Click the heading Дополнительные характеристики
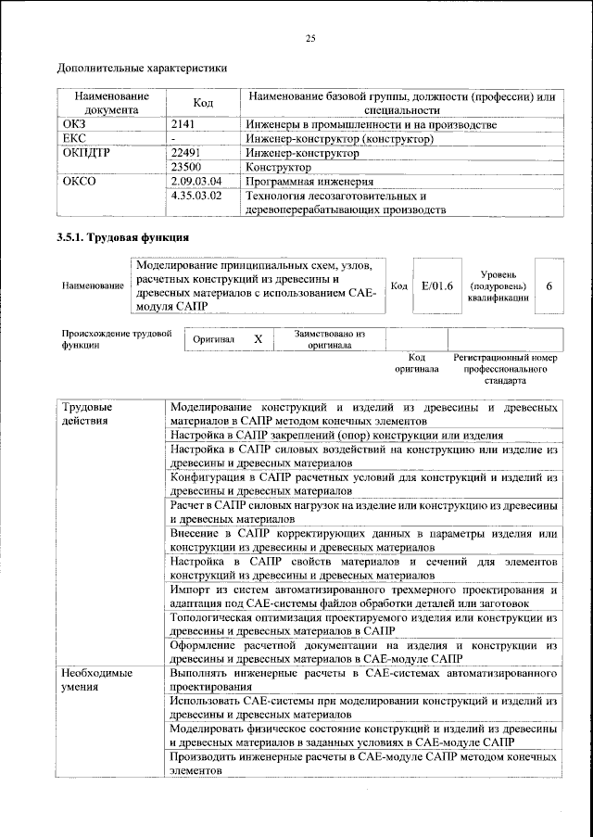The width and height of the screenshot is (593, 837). (x=142, y=68)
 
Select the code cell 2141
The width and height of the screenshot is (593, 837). (x=187, y=124)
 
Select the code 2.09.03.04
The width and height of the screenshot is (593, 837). (x=197, y=183)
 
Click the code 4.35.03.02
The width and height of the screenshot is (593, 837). (x=197, y=197)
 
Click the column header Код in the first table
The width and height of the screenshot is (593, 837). (x=203, y=103)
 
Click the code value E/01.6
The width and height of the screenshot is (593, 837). (x=436, y=286)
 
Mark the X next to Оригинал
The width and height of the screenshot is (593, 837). (x=258, y=339)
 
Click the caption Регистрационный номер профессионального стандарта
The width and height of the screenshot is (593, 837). (x=504, y=368)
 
